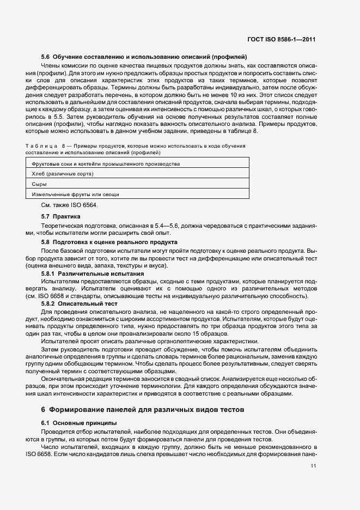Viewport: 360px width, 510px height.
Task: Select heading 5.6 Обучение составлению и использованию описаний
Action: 144,57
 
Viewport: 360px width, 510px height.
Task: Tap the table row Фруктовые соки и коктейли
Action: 106,163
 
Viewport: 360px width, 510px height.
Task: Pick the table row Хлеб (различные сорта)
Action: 63,174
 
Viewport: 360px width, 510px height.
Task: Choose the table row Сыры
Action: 40,184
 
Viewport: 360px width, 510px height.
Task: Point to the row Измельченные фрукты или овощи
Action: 76,194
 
